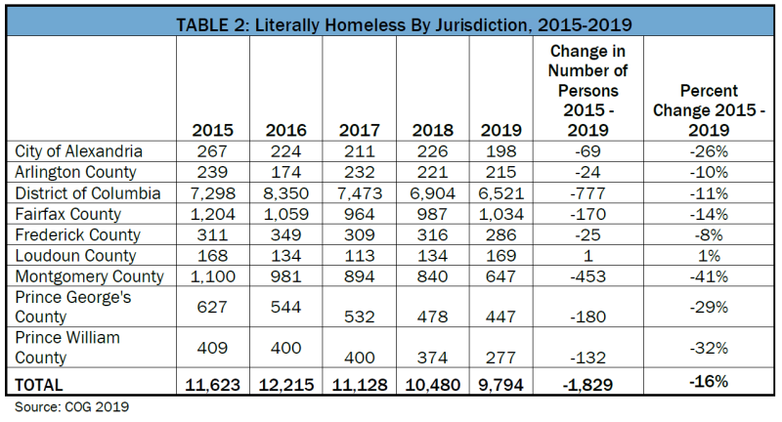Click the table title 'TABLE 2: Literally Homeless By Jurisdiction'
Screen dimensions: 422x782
(x=391, y=21)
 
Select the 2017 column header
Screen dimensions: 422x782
(x=359, y=130)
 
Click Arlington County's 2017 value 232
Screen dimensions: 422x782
(x=359, y=171)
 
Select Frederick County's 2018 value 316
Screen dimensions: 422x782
(x=433, y=234)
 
